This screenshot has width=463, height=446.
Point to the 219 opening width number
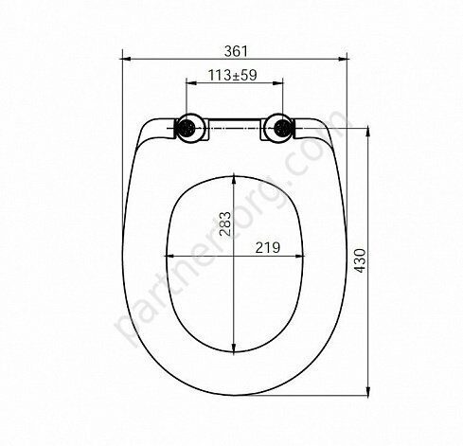coord(267,247)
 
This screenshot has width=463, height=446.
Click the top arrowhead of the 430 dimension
coord(368,132)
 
